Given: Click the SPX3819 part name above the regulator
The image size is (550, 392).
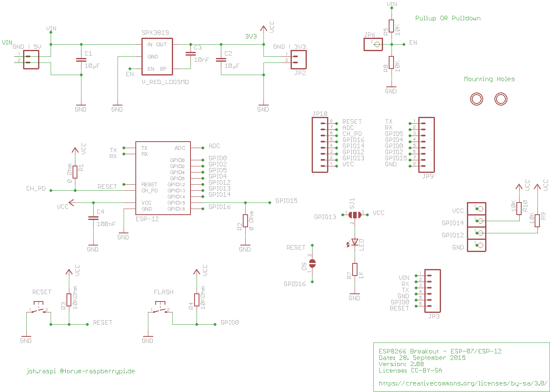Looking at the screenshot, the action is [155, 33].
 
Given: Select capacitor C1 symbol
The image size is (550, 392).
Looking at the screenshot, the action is [81, 60].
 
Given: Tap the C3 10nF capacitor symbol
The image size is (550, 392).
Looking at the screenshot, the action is [191, 54].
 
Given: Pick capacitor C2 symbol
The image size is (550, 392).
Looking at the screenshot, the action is [221, 60].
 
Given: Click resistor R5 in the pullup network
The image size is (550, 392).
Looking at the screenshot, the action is [392, 26].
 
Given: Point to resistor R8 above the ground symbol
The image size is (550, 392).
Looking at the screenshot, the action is [392, 62].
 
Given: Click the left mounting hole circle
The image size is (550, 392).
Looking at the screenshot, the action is [477, 99].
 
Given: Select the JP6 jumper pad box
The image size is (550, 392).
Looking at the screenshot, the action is [373, 45].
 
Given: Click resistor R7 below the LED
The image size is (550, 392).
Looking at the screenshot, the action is [355, 269].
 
